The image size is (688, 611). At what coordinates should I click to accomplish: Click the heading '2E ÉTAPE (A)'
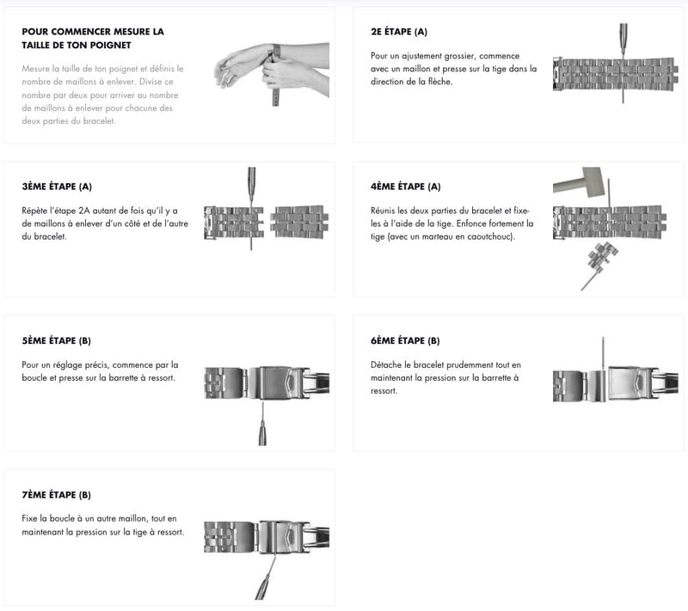point(398,32)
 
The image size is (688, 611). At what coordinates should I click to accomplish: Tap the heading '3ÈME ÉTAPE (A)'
point(57,186)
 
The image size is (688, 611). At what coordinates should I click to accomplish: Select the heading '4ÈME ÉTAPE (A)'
point(405,186)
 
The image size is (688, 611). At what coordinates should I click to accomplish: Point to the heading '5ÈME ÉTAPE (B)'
point(56,340)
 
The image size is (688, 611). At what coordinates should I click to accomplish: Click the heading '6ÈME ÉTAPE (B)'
point(405,340)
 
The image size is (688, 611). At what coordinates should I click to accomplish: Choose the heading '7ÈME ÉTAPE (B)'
point(56,495)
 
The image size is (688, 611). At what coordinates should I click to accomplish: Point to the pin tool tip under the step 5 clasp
point(262,403)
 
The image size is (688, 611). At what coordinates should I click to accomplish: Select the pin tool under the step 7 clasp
point(266,577)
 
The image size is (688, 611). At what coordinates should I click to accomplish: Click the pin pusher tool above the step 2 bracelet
point(623,40)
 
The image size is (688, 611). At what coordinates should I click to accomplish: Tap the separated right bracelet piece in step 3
point(299,223)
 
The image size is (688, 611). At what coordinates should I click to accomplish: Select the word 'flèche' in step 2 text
point(440,82)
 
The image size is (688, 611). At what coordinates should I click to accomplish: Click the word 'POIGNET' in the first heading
point(111,46)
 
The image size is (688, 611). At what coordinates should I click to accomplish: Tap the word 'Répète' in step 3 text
point(34,211)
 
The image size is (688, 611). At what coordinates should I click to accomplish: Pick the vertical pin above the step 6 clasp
point(603,353)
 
